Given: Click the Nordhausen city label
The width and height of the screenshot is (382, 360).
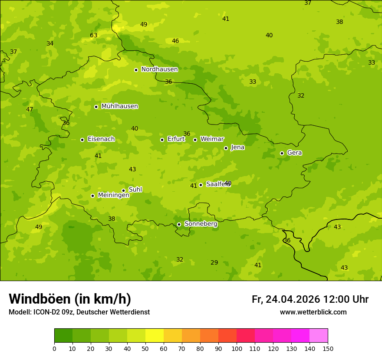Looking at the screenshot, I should click(159, 69).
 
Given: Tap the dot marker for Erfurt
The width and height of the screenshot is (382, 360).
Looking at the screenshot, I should click(162, 140).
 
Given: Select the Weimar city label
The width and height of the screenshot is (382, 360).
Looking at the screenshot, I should click(212, 139).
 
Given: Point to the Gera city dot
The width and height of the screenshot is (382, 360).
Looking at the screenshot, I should click(282, 153).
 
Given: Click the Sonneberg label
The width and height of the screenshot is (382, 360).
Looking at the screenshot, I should click(201, 224).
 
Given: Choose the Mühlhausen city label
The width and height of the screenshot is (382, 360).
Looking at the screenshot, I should click(119, 106).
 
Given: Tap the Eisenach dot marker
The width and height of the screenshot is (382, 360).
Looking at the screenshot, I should click(82, 140).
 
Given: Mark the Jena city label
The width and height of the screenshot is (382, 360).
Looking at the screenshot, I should click(237, 147).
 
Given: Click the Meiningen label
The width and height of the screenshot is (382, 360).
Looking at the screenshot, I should click(113, 195).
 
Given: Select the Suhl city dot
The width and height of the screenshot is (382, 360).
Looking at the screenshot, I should click(123, 190).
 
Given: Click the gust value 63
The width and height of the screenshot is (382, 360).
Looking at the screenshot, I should click(94, 35).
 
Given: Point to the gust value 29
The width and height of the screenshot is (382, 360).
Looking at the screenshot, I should click(214, 262).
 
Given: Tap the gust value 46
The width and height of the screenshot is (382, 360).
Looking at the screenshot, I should click(175, 41).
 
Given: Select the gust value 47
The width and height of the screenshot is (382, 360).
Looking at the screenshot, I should click(30, 109).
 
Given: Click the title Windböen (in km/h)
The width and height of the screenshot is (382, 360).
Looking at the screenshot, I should click(70, 299).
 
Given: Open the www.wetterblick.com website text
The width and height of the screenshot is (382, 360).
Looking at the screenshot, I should click(313, 312).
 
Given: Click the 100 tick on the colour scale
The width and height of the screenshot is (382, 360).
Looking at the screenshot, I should click(237, 348).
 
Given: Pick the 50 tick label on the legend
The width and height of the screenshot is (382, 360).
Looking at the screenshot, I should click(145, 348).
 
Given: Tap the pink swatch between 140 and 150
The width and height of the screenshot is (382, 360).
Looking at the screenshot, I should click(319, 336).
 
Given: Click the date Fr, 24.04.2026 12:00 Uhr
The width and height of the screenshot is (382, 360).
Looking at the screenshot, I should click(310, 299).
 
